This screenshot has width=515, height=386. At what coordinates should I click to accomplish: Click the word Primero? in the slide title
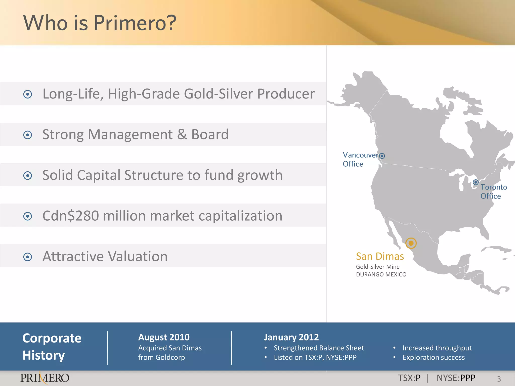pos(135,23)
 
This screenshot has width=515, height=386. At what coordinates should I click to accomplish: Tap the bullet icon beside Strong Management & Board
pos(27,135)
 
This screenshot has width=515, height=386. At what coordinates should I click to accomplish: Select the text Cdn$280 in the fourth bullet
pos(71,216)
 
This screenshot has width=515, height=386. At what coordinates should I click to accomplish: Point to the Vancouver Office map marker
pos(382,156)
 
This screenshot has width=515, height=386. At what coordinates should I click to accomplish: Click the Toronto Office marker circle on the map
pos(476,182)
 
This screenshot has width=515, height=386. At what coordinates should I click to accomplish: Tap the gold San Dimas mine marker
pos(411,243)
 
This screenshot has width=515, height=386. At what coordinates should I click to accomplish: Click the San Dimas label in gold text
pos(380,256)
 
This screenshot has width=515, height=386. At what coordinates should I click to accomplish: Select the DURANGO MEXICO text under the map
pos(381,274)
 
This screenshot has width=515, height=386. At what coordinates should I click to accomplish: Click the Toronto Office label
pos(493,191)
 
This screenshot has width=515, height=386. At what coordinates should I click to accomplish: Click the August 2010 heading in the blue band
pos(164,337)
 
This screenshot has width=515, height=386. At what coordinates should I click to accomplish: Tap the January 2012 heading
pos(291,337)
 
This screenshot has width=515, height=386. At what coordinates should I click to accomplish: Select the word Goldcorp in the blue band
pos(170,357)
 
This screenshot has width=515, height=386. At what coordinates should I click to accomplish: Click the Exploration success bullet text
pos(434,357)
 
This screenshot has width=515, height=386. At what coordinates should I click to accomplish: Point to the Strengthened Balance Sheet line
pos(319,348)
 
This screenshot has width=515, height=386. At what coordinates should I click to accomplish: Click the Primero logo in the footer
pos(45,378)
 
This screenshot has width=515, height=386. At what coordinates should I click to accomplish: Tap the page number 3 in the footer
pos(499,379)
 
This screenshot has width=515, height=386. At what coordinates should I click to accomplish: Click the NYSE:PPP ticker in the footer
pos(456,378)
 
